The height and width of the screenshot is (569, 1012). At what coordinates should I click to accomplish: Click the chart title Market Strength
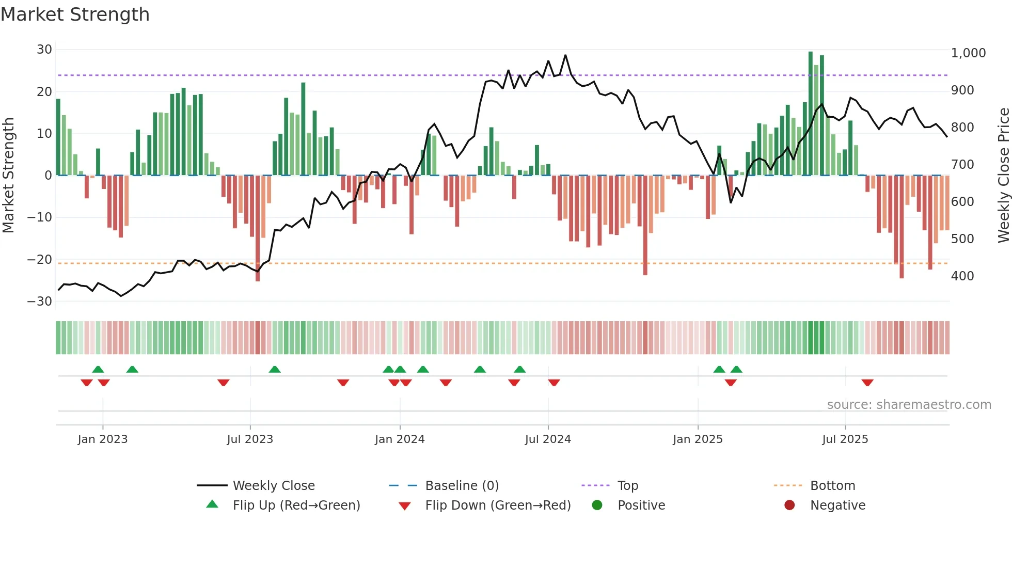click(x=75, y=14)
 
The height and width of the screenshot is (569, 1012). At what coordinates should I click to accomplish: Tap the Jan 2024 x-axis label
click(x=400, y=439)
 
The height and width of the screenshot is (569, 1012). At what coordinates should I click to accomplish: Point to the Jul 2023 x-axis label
click(x=250, y=439)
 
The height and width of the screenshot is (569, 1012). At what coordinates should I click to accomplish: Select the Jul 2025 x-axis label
click(x=845, y=439)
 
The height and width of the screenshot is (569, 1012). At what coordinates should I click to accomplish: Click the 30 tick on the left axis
click(x=44, y=50)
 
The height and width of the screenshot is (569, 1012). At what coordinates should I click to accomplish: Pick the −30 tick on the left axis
click(x=40, y=302)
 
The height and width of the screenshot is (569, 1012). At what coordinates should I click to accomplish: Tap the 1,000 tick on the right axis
click(x=968, y=53)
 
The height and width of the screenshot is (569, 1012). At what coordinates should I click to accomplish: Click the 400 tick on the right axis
click(x=962, y=276)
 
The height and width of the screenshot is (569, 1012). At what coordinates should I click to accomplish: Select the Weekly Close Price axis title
click(x=1003, y=176)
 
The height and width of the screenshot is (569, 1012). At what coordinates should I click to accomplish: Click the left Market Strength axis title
click(x=9, y=176)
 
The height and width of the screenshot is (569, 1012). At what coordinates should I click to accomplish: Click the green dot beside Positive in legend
click(x=597, y=505)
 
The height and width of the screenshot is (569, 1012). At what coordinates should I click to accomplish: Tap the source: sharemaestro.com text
click(x=909, y=405)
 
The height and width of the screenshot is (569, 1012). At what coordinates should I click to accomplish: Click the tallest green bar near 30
click(x=811, y=114)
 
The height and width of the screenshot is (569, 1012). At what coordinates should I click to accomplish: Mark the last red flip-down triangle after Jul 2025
click(x=867, y=383)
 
